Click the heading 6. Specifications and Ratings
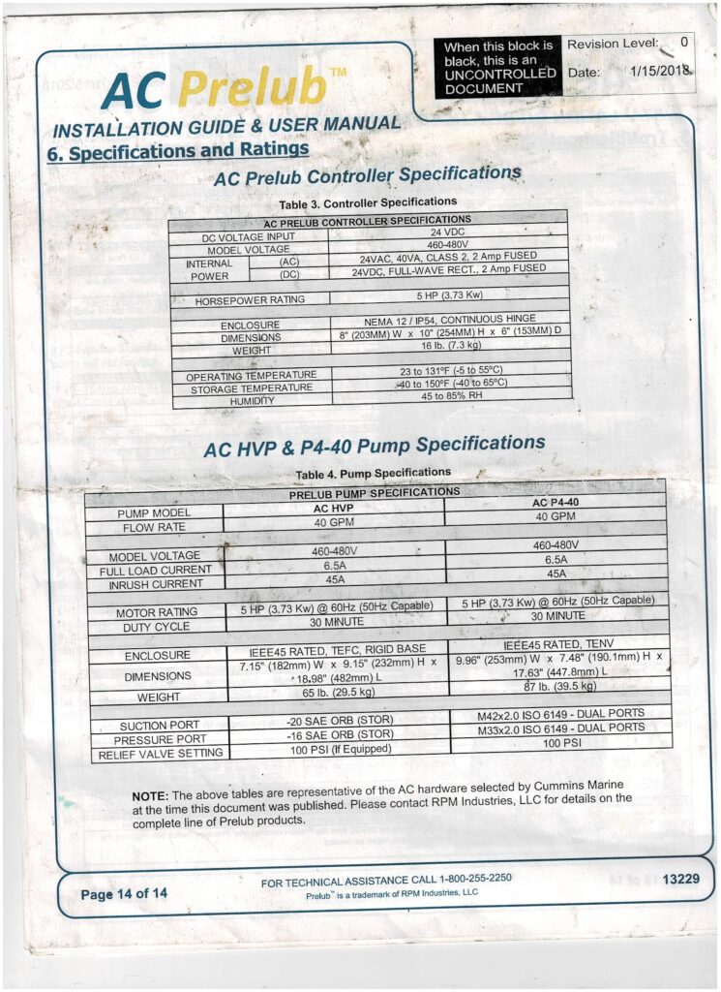pos(177,151)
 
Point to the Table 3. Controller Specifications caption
pos(353,203)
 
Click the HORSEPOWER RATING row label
pos(249,300)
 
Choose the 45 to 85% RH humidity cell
pos(452,395)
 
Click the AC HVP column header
pos(334,507)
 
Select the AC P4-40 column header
pos(556,504)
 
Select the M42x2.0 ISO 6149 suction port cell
pos(560,714)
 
